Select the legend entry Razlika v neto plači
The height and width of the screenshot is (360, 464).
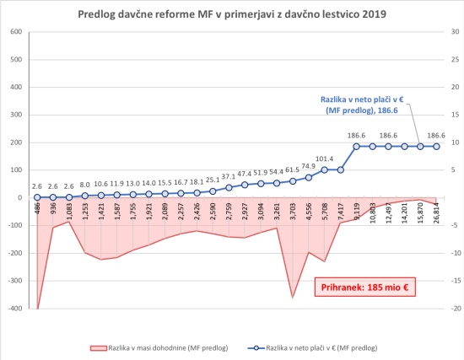pos(316,347)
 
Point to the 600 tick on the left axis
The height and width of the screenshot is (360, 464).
pos(16,32)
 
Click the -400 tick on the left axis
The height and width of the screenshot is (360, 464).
pos(14,309)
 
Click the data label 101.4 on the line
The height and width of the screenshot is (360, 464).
pos(325,159)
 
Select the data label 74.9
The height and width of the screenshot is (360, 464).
pos(309,166)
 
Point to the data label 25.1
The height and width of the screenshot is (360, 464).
pos(213,180)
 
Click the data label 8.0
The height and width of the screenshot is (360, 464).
pos(85,185)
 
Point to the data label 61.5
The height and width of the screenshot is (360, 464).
pos(293,169)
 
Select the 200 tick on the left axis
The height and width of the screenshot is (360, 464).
pos(16,142)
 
